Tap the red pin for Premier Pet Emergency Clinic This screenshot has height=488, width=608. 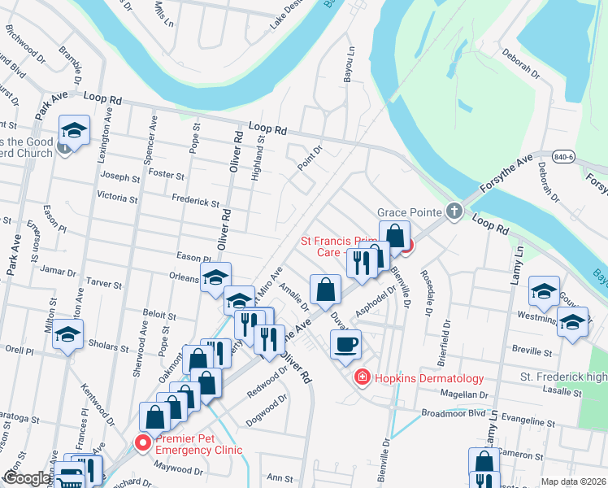pos(143,442)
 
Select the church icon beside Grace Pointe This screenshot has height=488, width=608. pos(454,212)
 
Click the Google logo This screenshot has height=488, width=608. pos(26,479)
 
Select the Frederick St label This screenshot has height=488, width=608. pos(195,201)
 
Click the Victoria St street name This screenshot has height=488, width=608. pos(117,197)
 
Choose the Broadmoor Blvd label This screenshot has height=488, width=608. pos(449,413)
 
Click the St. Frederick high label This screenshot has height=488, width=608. pos(563,377)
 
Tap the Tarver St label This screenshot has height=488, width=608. pos(104,285)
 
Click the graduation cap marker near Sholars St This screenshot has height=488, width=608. pos(68,335)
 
